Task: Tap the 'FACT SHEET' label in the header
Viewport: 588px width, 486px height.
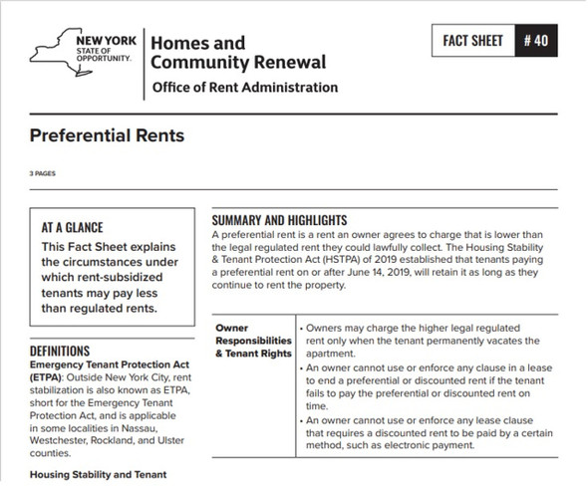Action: pos(474,45)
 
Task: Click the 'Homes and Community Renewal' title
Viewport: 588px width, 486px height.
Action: pos(237,53)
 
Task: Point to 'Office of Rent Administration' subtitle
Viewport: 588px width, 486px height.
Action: pos(244,88)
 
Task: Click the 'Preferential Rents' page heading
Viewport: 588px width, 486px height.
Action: pos(107,134)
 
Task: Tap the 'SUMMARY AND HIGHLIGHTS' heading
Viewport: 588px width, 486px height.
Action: pos(279,219)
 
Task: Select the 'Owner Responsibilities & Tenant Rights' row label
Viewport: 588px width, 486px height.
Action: pos(252,340)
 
